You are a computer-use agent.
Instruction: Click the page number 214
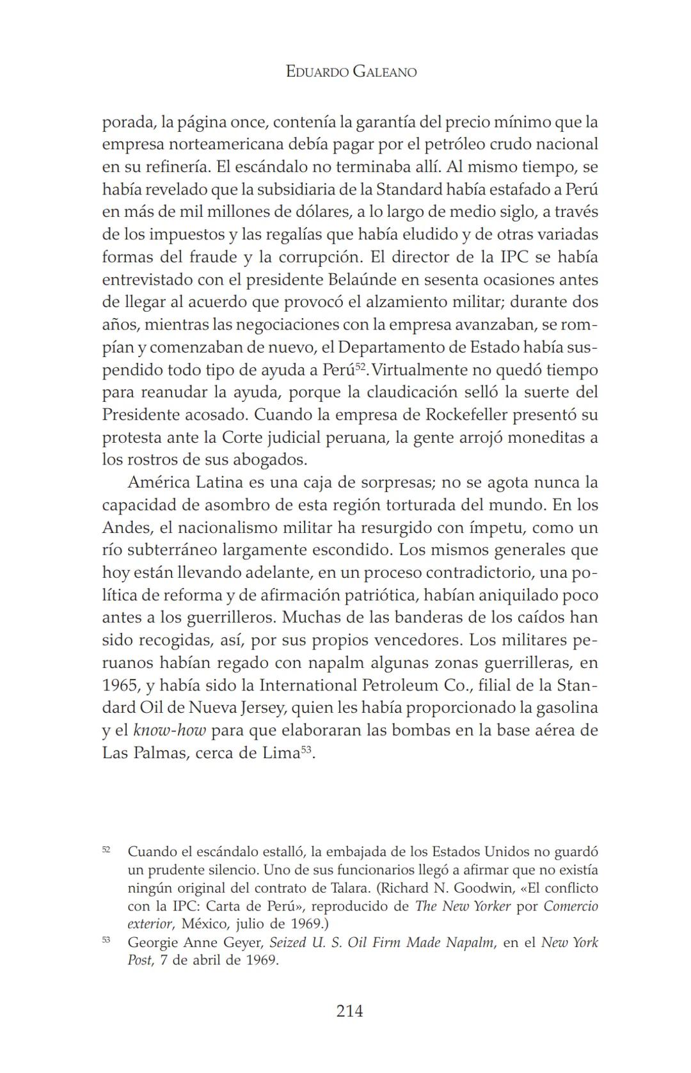pos(349,1011)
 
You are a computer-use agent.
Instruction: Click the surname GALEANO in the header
pos(385,72)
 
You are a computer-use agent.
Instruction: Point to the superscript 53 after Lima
pos(308,749)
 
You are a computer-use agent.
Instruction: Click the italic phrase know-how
pos(170,730)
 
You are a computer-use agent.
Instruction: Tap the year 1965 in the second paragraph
pos(120,685)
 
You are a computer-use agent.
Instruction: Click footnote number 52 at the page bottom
pos(106,850)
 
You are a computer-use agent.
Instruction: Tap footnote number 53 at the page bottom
pos(106,940)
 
